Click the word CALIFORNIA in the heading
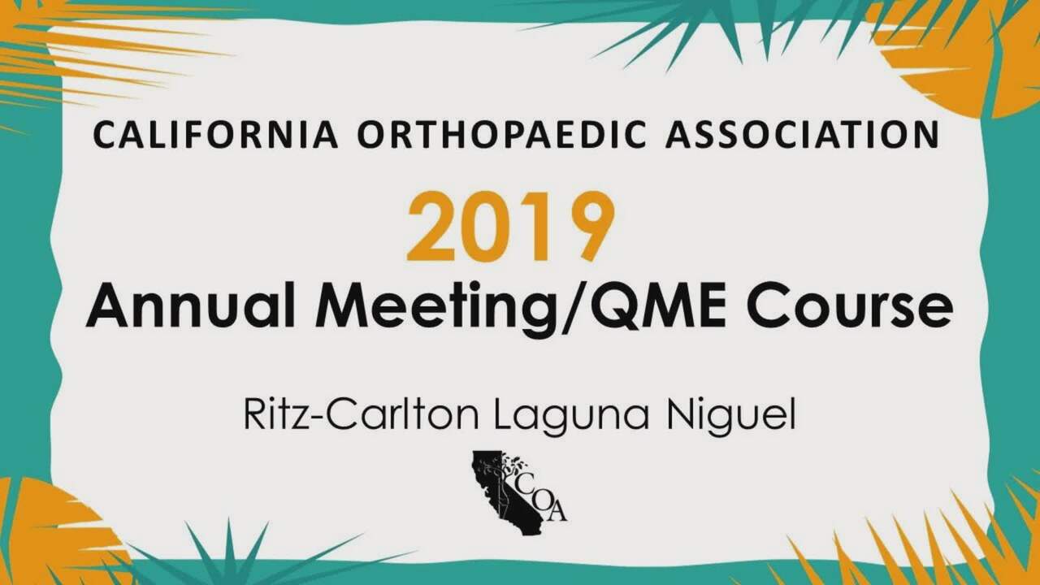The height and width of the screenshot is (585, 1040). click(216, 135)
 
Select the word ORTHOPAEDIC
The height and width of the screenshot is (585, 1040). click(501, 135)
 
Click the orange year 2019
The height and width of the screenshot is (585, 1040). click(511, 227)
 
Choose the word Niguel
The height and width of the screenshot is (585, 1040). click(731, 418)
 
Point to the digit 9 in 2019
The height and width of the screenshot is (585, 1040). click(590, 227)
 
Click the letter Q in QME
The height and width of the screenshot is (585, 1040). click(610, 307)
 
